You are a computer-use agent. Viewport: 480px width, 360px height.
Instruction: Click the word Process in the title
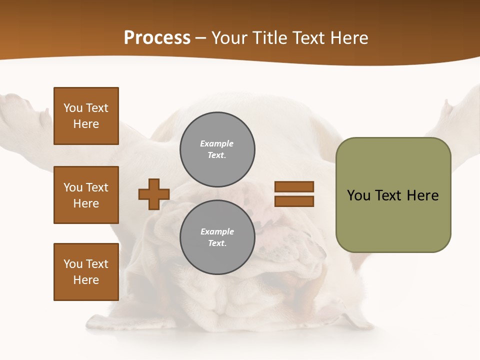coord(157,38)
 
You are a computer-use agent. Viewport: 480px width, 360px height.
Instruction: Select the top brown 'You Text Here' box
coord(86,116)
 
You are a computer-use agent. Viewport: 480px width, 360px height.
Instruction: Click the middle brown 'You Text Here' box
coord(86,195)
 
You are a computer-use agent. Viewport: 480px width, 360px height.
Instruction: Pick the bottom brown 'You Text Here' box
coord(86,271)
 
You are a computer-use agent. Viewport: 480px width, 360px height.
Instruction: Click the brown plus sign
coord(154,194)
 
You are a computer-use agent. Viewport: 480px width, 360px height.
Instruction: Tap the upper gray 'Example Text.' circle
coord(217,149)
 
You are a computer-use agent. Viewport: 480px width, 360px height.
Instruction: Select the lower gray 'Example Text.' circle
coord(217,237)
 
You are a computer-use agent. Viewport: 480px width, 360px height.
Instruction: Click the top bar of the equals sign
coord(294,186)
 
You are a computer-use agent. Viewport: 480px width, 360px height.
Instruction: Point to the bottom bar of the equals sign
coord(294,201)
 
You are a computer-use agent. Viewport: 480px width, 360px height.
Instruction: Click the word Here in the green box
coord(422,195)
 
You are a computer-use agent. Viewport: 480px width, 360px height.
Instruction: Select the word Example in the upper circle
coord(217,143)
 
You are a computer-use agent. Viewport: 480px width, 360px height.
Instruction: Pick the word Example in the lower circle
coord(217,231)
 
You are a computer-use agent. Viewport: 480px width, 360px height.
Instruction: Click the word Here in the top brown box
coord(86,124)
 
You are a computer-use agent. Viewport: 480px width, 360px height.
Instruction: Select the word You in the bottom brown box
coord(73,263)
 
